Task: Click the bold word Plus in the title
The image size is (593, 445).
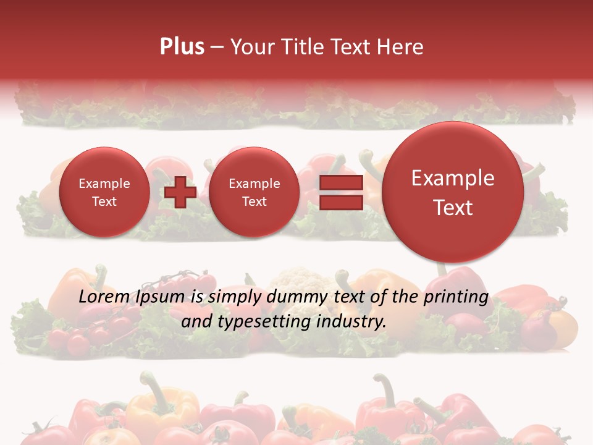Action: pos(182,47)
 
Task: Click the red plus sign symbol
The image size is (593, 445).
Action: pos(180,192)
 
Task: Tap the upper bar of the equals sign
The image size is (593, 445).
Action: pos(341,182)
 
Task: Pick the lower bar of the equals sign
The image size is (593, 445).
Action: pos(341,202)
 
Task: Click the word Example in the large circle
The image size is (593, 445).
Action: pos(453,178)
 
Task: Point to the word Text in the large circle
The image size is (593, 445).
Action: pos(453,208)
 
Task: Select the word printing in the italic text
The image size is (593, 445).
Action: pos(456,297)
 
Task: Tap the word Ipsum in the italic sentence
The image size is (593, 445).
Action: pos(159,297)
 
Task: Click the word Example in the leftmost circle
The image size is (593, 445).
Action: pos(104,184)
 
